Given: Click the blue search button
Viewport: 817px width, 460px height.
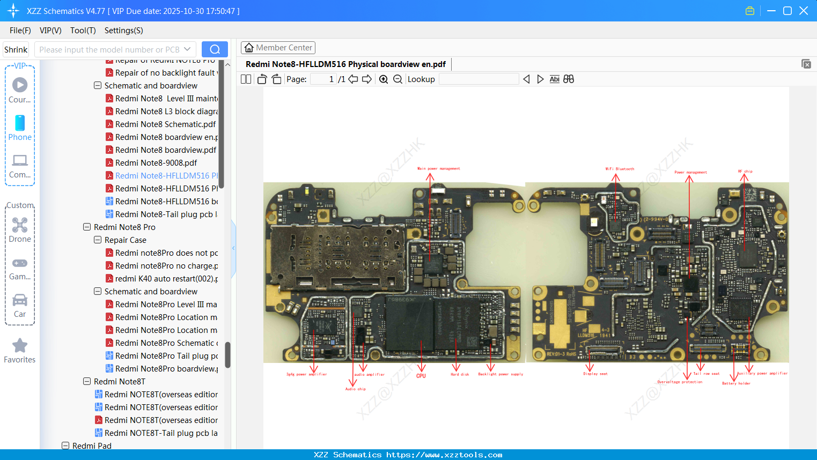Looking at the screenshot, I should click(x=215, y=49).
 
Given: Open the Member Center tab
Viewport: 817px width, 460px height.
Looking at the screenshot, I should click(x=278, y=48).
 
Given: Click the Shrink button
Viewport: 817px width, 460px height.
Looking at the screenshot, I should click(x=16, y=49).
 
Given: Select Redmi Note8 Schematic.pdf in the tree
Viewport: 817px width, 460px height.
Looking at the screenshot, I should click(x=165, y=124).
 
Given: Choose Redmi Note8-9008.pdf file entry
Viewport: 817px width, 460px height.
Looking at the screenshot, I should click(x=156, y=163).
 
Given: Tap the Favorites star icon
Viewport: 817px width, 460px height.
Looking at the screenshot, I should click(x=20, y=346).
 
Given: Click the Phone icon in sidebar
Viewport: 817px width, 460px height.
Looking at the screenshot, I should click(x=20, y=123).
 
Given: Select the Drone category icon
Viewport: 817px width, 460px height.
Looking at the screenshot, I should click(x=20, y=225).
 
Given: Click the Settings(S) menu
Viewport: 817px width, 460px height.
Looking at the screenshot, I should click(x=123, y=31).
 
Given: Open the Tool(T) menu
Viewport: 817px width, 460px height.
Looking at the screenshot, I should click(x=83, y=31).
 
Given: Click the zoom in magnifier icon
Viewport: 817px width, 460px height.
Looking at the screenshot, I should click(x=384, y=79).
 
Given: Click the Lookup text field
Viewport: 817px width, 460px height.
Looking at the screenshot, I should click(x=479, y=79).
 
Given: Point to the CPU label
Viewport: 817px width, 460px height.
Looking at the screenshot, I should click(x=421, y=376).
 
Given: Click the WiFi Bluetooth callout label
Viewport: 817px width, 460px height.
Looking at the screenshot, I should click(x=620, y=169).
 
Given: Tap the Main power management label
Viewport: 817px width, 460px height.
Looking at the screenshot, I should click(x=438, y=168).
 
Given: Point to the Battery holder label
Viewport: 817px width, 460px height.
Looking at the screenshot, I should click(x=736, y=383).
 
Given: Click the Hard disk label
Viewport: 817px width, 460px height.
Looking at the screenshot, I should click(x=460, y=374).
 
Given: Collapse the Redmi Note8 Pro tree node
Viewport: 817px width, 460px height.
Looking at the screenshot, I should click(x=87, y=227).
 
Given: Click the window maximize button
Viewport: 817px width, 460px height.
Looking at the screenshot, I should click(x=787, y=11).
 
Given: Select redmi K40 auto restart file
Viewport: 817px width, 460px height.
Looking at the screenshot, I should click(x=166, y=279).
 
